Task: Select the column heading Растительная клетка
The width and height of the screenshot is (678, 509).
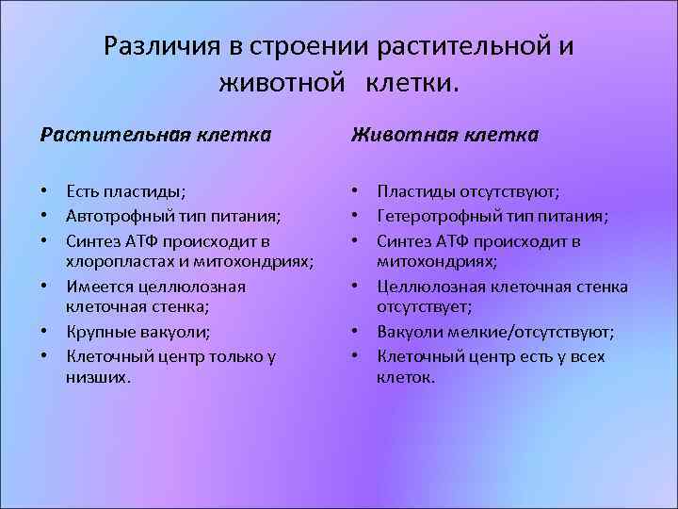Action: click(155, 135)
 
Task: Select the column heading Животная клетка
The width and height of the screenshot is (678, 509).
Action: click(444, 135)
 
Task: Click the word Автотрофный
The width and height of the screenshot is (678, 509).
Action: click(116, 216)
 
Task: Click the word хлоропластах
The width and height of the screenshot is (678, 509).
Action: click(116, 261)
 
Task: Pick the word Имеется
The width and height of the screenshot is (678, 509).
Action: click(98, 286)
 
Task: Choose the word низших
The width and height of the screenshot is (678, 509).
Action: click(96, 377)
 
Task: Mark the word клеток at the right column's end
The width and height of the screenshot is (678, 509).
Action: click(404, 377)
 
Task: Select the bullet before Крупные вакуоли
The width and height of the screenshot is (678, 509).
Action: click(45, 332)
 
